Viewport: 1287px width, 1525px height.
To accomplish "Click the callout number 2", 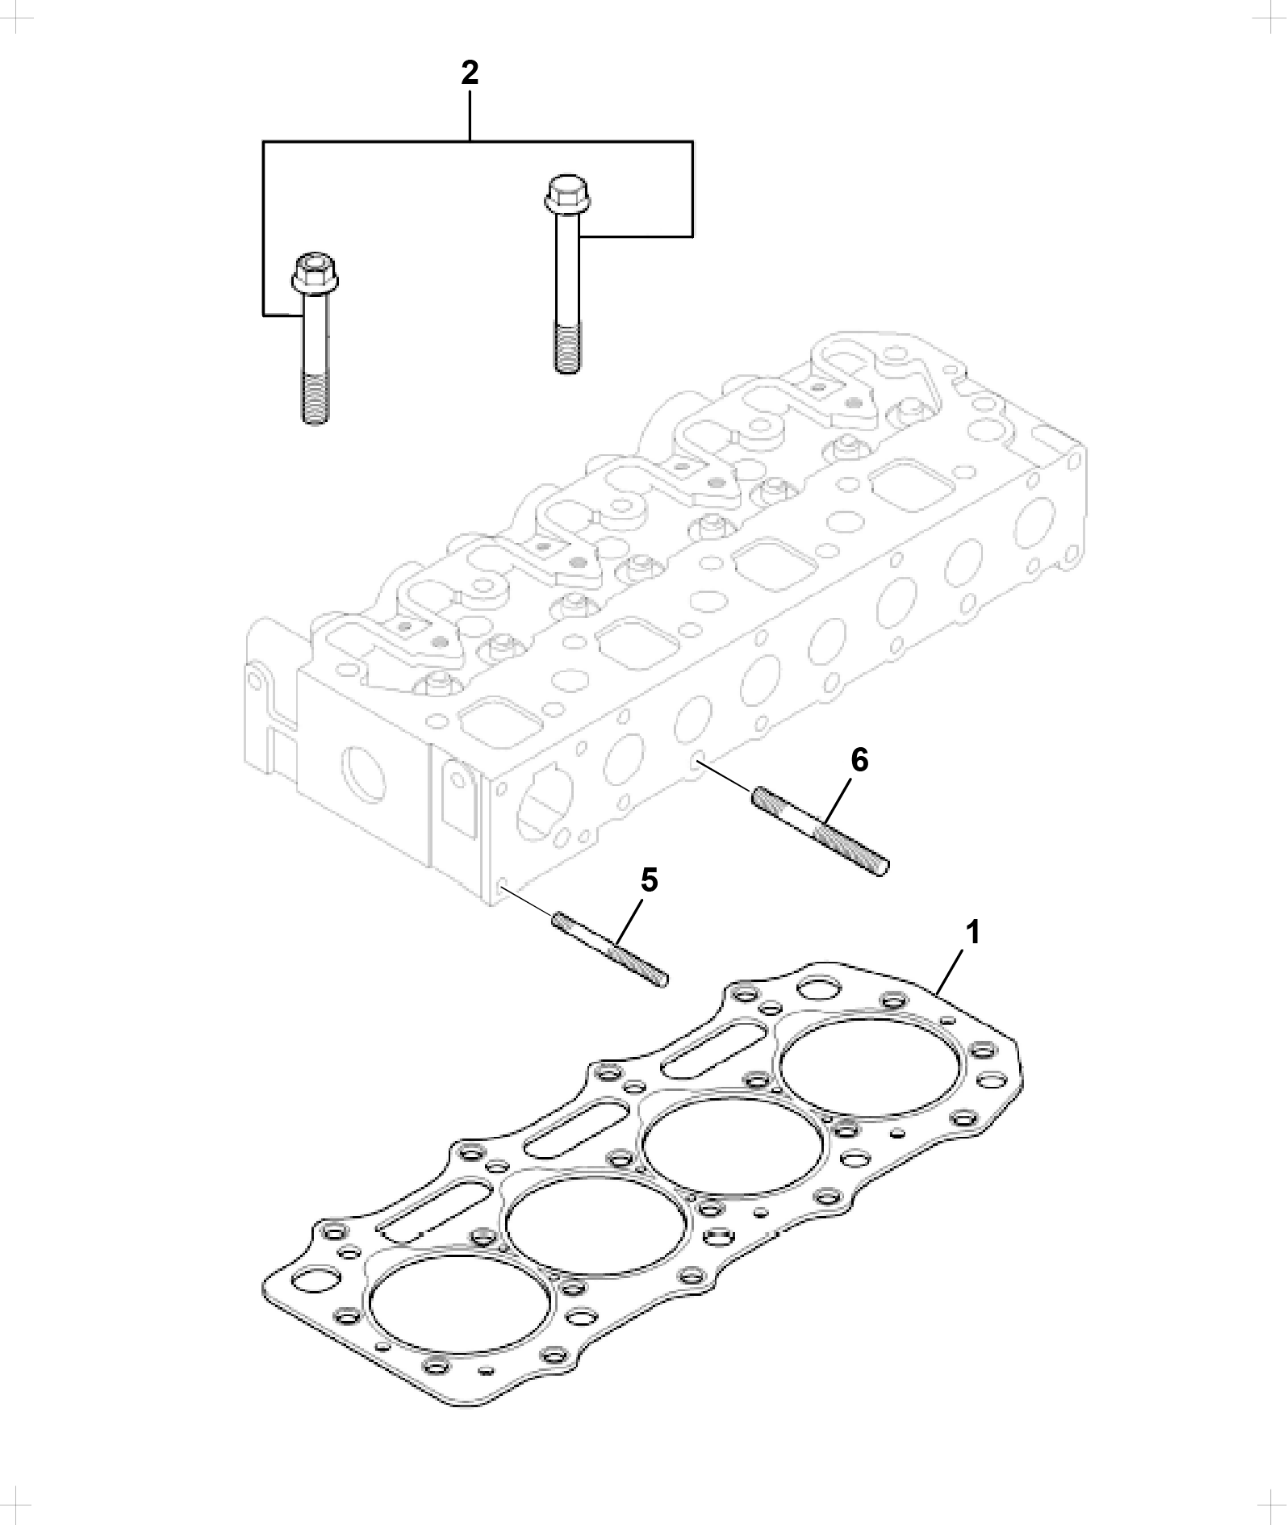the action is [x=470, y=73].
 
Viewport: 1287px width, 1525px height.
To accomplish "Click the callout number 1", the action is [x=973, y=933].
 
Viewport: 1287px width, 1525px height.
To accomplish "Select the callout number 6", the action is [x=860, y=759].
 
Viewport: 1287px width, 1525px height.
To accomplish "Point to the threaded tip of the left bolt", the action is [x=314, y=399].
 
